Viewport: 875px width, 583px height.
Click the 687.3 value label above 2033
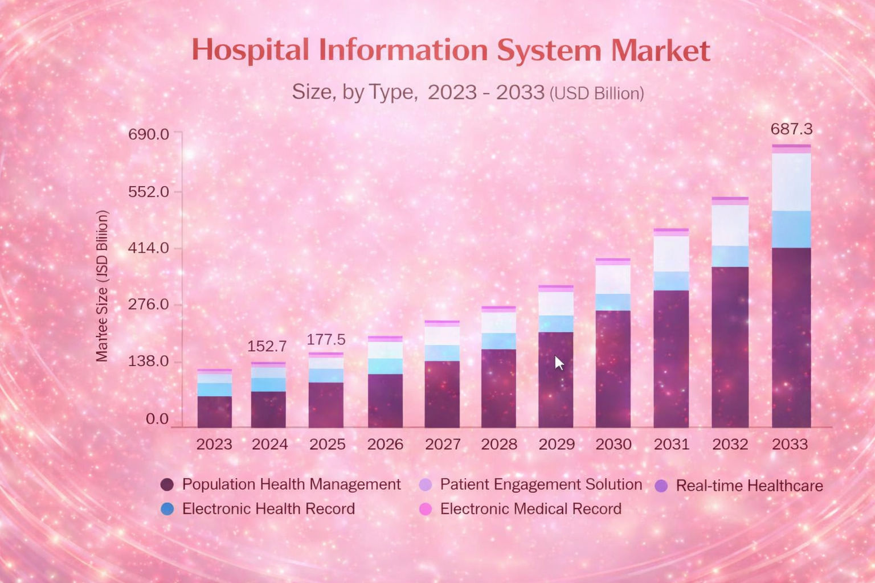tap(791, 129)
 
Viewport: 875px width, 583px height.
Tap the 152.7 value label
tap(267, 346)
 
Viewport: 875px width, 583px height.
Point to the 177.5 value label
tap(326, 339)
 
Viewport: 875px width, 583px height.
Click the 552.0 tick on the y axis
tap(149, 192)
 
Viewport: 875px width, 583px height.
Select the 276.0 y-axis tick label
tap(149, 305)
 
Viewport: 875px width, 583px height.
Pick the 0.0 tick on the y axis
tap(157, 419)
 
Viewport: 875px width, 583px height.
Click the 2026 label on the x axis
tap(385, 444)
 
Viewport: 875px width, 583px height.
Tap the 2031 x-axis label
tap(671, 444)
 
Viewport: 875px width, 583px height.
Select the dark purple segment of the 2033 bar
tap(791, 337)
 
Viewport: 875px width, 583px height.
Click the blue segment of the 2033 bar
tap(791, 229)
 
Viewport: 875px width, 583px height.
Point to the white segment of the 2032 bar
tap(730, 225)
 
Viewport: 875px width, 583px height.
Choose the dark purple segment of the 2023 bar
tap(214, 412)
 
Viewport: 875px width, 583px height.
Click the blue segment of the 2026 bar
tap(385, 366)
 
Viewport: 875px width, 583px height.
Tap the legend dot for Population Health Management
tap(167, 485)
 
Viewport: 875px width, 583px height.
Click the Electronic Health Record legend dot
tap(167, 509)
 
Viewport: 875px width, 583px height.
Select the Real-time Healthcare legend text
tap(749, 486)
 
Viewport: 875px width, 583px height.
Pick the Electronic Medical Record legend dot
tap(425, 509)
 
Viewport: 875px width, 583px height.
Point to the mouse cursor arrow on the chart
tap(558, 362)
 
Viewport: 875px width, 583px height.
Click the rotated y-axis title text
tap(102, 286)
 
